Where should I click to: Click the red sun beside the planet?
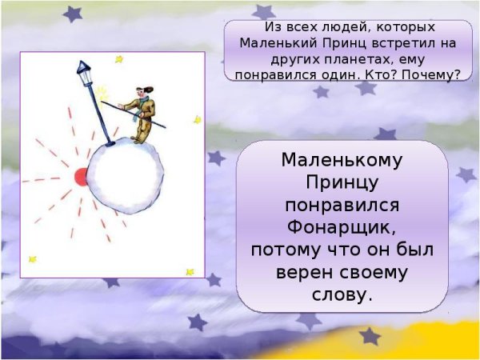pos(80,177)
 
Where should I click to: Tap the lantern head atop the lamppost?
pos(84,70)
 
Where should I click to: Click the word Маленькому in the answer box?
pos(342,160)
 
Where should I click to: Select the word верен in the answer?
pos(300,273)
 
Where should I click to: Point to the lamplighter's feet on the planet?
pos(138,141)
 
